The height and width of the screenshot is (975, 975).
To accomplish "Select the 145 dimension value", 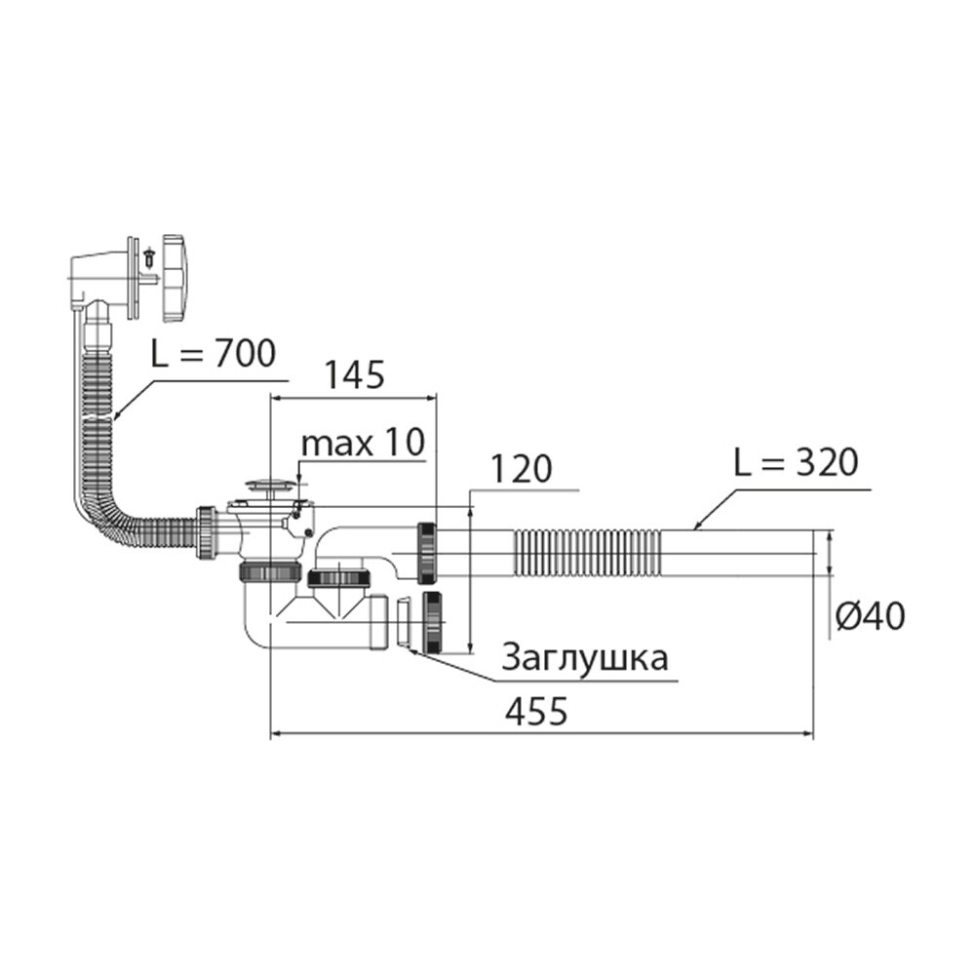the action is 355,375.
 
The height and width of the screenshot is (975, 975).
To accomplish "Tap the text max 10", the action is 363,443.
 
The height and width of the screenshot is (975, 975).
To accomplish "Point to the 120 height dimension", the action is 521,469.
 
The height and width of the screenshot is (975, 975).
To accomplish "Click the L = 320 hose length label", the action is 796,462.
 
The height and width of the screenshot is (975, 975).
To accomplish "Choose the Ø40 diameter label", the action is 870,617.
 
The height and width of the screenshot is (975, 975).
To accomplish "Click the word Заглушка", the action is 584,658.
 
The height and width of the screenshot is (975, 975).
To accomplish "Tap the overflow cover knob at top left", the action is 175,278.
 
